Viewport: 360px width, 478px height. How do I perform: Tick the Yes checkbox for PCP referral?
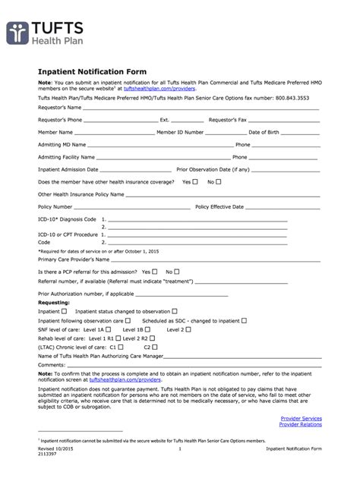click(x=155, y=271)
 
